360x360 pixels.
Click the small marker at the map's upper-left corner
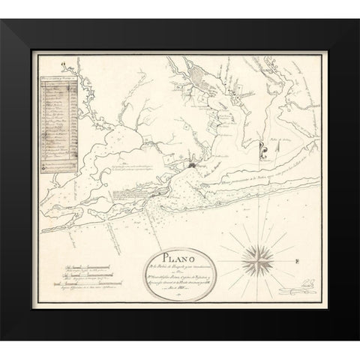click(x=66, y=67)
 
